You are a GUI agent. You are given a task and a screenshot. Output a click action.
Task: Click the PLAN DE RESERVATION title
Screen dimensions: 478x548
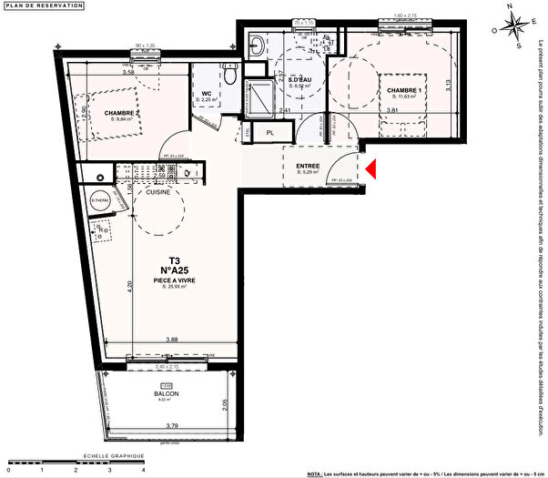coord(45,6)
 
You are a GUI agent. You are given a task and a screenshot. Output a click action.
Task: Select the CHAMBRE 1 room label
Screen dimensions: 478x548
coord(403,91)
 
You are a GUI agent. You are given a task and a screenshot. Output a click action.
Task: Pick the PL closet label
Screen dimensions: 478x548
coord(270,132)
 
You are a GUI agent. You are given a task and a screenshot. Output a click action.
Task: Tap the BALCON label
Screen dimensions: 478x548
coord(166,393)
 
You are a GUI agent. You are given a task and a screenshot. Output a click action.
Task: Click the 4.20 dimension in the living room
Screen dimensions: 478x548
coord(130,284)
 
